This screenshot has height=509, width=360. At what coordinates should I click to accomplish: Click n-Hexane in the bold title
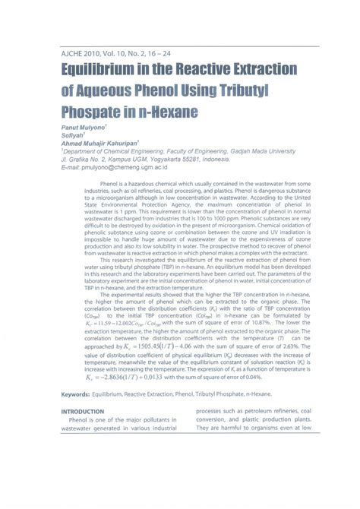166,113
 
